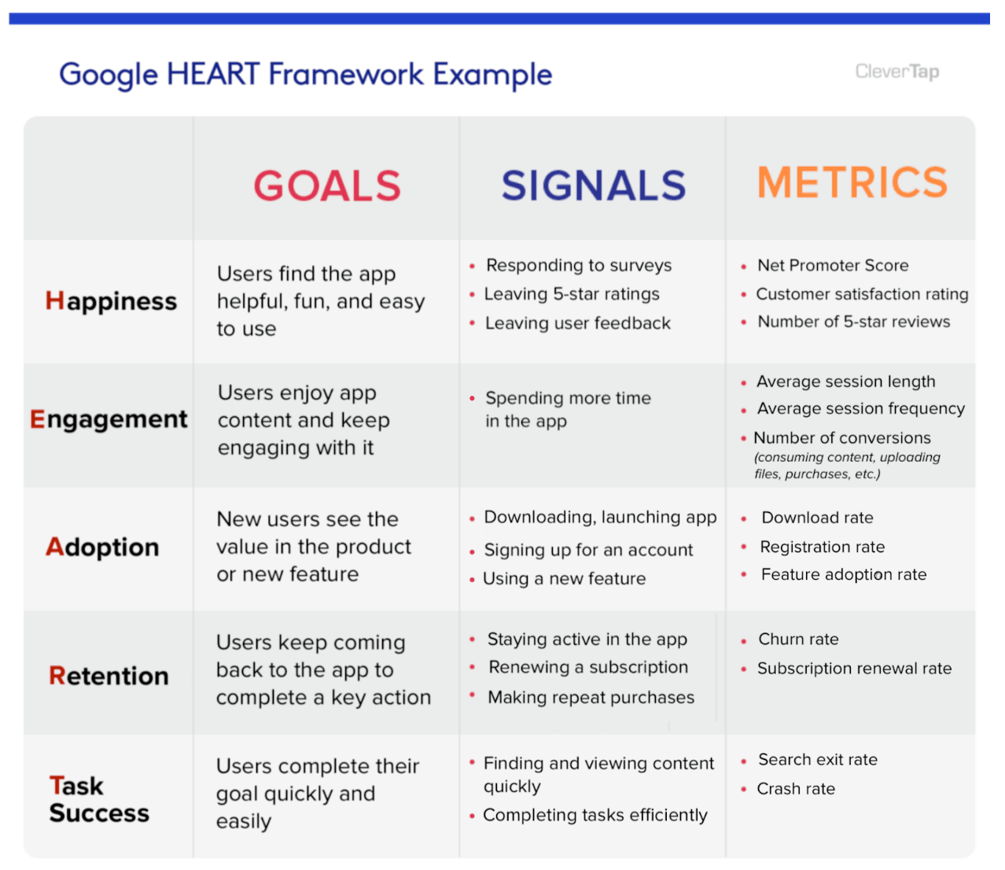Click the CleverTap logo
(x=896, y=72)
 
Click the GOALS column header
(x=326, y=186)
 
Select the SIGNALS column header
(x=594, y=186)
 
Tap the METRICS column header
(x=852, y=182)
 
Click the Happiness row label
(x=111, y=301)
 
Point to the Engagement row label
(x=109, y=419)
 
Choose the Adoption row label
(x=102, y=547)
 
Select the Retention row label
(x=109, y=676)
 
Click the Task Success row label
(x=98, y=799)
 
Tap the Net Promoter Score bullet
(x=832, y=266)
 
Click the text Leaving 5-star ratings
(x=572, y=294)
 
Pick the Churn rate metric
(x=798, y=640)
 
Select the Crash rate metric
(x=796, y=789)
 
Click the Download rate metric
(x=817, y=518)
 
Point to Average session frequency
(x=860, y=409)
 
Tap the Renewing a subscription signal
(x=588, y=668)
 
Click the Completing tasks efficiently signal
(x=595, y=816)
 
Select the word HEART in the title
(x=213, y=75)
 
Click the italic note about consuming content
(x=846, y=466)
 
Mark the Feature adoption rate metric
(x=843, y=575)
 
